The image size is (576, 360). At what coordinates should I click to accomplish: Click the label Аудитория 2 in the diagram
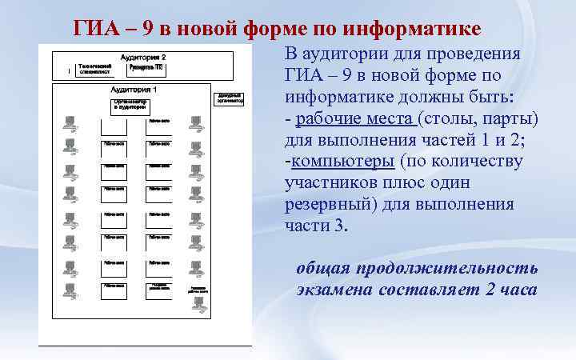(x=142, y=58)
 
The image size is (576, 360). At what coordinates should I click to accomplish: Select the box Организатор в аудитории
(x=130, y=106)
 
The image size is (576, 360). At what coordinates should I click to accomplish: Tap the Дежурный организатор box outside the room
(x=230, y=99)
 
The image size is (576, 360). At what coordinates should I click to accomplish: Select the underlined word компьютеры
(x=343, y=162)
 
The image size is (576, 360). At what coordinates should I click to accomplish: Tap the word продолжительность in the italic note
(x=449, y=268)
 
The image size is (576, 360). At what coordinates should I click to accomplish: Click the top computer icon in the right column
(x=194, y=122)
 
